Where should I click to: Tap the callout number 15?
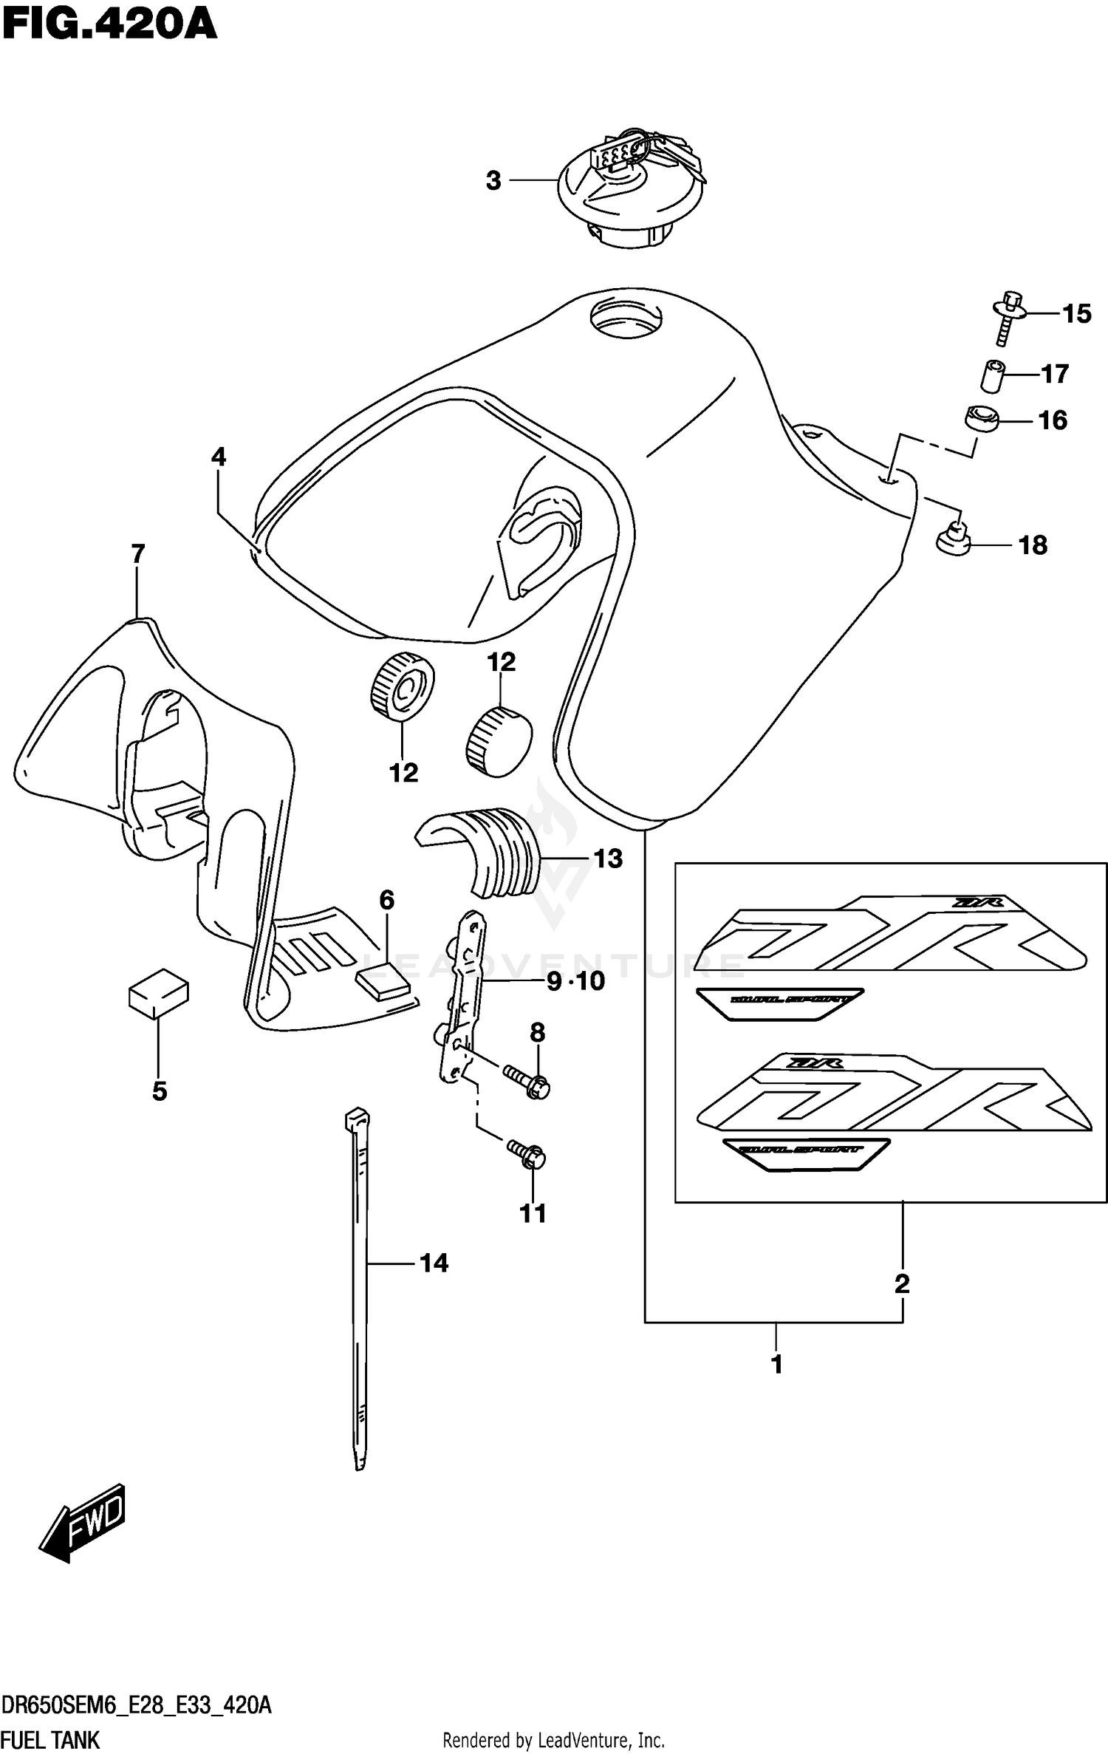(x=1076, y=314)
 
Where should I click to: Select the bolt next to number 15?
(x=1007, y=318)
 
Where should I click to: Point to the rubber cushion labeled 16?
(x=981, y=419)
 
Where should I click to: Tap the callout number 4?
(x=218, y=457)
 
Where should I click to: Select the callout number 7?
(x=138, y=553)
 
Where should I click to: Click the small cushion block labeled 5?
(x=158, y=993)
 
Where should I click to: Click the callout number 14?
(x=434, y=1263)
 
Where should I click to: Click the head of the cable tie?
(x=357, y=1118)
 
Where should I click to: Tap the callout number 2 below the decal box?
(x=901, y=1283)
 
